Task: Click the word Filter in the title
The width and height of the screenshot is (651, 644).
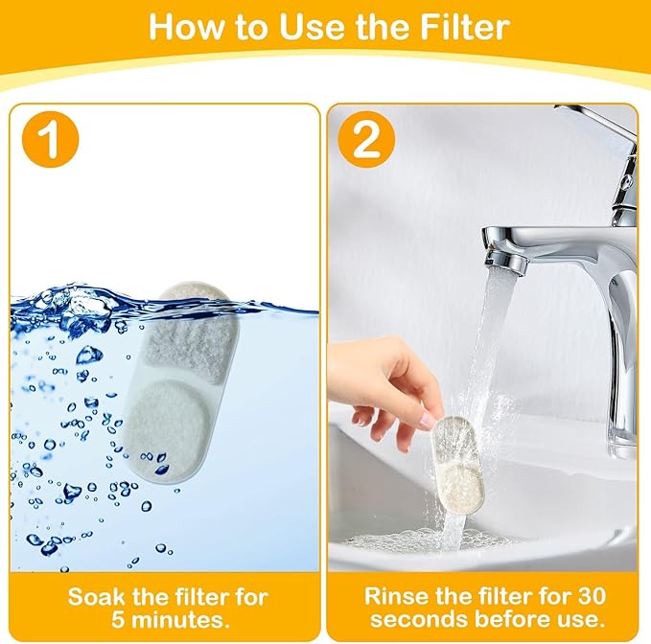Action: tap(453, 26)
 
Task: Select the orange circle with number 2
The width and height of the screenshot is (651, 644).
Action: tap(365, 140)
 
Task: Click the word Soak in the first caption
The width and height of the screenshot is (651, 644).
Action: tap(95, 597)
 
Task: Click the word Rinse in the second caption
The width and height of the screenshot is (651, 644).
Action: tap(393, 596)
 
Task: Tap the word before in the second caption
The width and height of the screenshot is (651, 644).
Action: tap(518, 620)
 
